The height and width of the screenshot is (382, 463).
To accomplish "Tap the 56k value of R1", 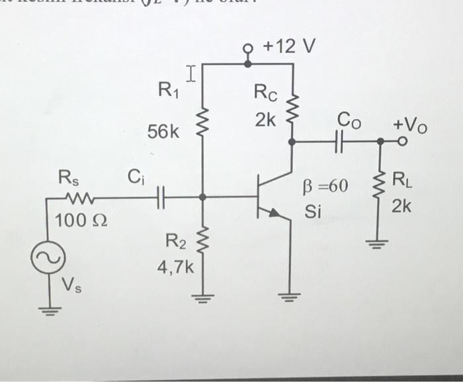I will (163, 132).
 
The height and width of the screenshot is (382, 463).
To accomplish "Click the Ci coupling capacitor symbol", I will (159, 196).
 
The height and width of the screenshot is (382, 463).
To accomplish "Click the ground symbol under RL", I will (380, 241).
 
